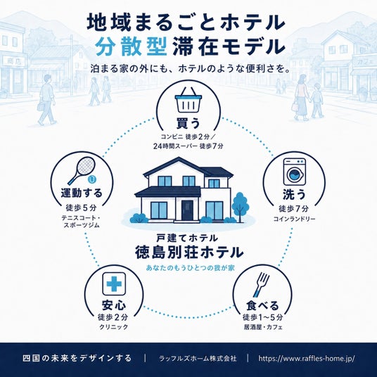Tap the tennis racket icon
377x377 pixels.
coord(82,170)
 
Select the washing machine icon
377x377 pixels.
coord(295,172)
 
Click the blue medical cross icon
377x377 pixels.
coord(114,283)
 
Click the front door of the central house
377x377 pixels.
coord(187,210)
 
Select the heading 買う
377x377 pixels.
coord(188,123)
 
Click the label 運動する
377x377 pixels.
coord(82,193)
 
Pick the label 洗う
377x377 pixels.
coord(294,194)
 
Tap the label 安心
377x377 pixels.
coord(114,305)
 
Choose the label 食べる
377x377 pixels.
coord(262,305)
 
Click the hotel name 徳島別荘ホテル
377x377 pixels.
coord(189,253)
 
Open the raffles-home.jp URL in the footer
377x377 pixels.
coord(307,359)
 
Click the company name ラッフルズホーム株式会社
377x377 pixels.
coord(198,359)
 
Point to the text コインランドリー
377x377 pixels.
coord(294,219)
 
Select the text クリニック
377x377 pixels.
coord(114,327)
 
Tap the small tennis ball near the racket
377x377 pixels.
coord(92,179)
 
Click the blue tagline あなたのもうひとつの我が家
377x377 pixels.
coord(190,268)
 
